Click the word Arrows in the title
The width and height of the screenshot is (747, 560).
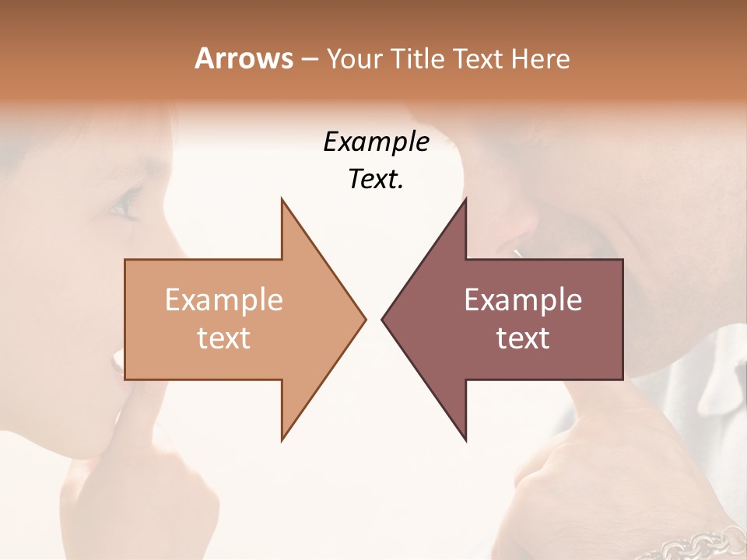(x=244, y=58)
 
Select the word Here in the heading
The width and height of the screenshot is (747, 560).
(x=540, y=59)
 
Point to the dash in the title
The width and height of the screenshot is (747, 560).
(x=309, y=60)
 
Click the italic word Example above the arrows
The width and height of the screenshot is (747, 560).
(x=376, y=142)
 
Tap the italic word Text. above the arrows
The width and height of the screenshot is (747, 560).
(x=376, y=180)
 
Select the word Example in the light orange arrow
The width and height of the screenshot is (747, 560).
(x=223, y=300)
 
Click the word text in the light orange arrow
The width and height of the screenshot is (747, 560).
(x=223, y=338)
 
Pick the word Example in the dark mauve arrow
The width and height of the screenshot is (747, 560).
(x=523, y=300)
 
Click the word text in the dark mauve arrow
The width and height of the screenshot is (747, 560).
(x=523, y=338)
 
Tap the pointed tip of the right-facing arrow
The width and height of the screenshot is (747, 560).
(x=363, y=319)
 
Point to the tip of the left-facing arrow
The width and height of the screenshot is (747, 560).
(x=384, y=319)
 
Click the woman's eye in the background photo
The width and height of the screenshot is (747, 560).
(x=125, y=207)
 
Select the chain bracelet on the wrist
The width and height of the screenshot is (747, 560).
(x=696, y=542)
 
